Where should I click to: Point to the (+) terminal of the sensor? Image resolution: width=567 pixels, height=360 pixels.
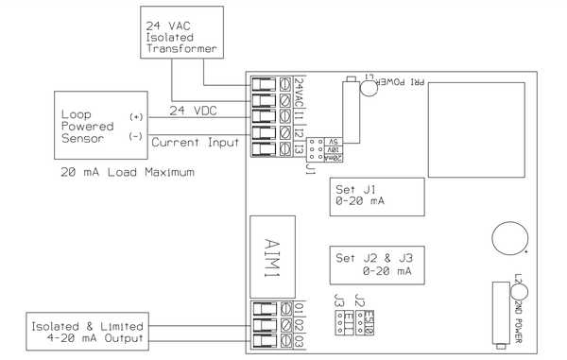[x=135, y=116]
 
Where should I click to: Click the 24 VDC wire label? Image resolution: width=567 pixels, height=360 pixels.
[x=193, y=111]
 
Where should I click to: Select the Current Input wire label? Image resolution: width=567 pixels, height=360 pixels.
[x=203, y=142]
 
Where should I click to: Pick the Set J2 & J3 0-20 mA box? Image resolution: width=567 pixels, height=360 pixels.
[x=373, y=264]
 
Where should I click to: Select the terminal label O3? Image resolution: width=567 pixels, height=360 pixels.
[x=299, y=339]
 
